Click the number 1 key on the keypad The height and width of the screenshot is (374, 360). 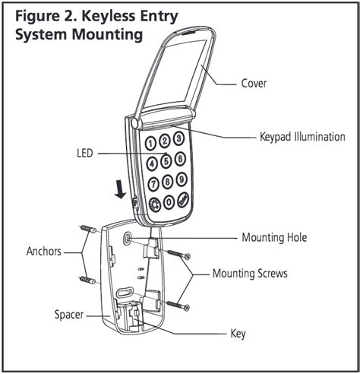152,142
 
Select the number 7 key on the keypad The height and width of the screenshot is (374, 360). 153,183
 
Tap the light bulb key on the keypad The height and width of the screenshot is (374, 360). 152,205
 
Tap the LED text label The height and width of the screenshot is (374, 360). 85,153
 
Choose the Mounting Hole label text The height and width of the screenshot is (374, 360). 274,238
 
